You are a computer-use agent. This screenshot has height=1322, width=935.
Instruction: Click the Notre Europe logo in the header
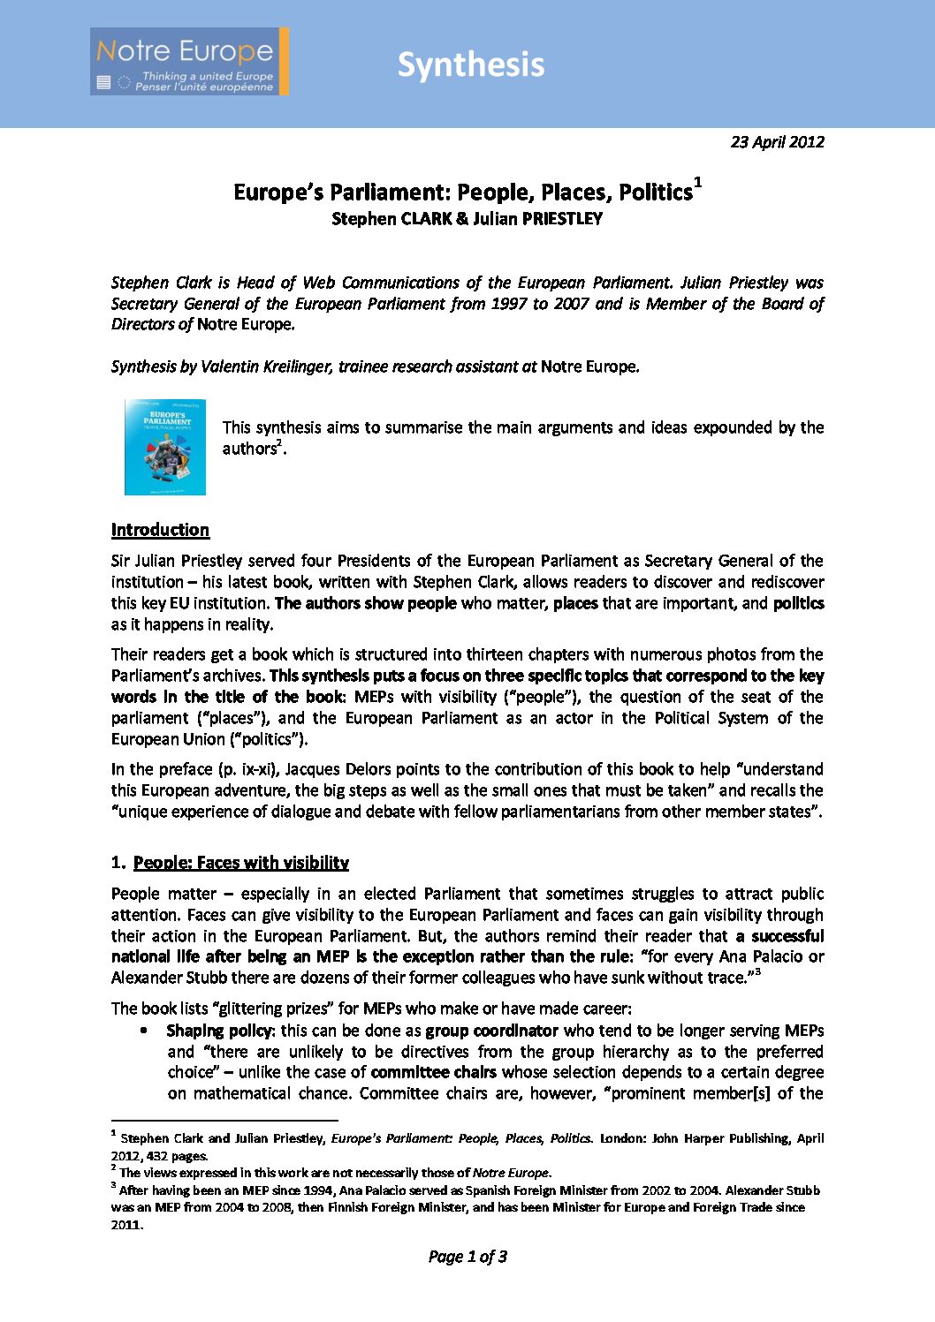[x=189, y=62]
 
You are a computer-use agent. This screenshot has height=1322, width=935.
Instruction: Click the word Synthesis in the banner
[x=470, y=64]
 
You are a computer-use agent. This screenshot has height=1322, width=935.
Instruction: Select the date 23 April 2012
[x=777, y=141]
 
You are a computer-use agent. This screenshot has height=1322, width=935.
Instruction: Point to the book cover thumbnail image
[x=165, y=447]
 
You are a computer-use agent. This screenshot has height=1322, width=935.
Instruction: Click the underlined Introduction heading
[x=160, y=530]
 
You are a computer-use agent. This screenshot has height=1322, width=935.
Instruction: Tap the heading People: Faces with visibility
[x=240, y=863]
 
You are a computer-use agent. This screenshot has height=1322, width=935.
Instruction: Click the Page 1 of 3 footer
[x=467, y=1257]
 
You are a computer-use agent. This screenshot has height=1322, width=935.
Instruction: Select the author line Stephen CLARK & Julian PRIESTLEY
[x=467, y=219]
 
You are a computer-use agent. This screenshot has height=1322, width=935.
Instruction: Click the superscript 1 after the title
[x=698, y=183]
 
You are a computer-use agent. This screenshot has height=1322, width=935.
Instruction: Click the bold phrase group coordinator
[x=491, y=1031]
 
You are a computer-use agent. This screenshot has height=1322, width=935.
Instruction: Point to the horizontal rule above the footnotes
[x=224, y=1121]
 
